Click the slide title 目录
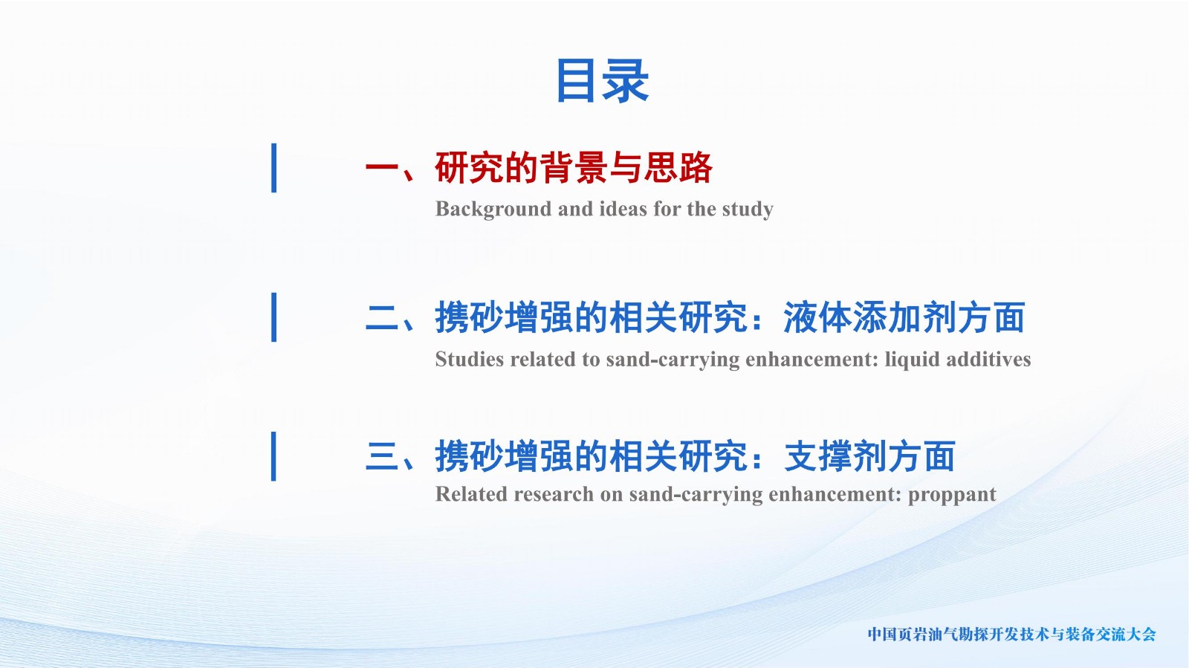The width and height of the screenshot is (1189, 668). pos(602,81)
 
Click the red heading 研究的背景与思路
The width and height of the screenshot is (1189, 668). pos(574,168)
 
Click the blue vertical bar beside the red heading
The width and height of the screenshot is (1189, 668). pos(274,168)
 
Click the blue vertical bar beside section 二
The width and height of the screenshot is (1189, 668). pos(274,317)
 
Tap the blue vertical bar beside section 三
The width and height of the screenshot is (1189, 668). pos(274,456)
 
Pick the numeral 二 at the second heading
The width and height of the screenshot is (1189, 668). pos(382,318)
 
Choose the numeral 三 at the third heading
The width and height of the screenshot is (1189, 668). pos(382,457)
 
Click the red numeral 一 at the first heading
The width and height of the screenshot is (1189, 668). pos(382,168)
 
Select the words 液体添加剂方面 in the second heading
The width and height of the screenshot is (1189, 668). pos(904,318)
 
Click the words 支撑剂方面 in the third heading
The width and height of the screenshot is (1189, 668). pos(869,457)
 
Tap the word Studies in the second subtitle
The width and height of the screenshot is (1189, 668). pos(469,359)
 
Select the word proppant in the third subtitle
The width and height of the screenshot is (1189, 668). pos(952,495)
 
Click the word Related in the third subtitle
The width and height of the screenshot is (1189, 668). pos(471,494)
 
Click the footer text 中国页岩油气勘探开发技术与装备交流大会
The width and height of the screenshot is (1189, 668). pos(1011,635)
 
